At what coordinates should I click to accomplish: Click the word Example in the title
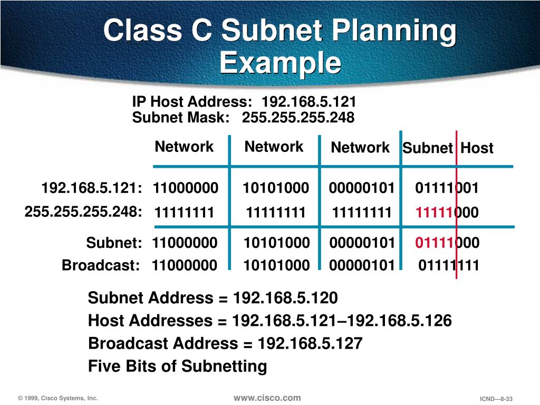click(x=280, y=63)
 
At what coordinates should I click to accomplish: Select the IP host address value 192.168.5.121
click(x=309, y=102)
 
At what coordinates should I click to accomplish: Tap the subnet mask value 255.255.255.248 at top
click(x=298, y=118)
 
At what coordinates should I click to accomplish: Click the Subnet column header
click(x=428, y=148)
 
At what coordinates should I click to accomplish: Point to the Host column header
click(x=477, y=148)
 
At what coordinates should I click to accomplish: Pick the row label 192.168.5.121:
click(x=92, y=188)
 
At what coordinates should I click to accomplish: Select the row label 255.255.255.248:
click(x=83, y=212)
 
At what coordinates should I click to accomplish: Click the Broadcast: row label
click(x=101, y=265)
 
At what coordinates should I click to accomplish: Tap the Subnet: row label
click(x=114, y=243)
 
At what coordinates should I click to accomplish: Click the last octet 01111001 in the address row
click(x=447, y=188)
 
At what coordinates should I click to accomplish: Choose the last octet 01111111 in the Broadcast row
click(x=449, y=265)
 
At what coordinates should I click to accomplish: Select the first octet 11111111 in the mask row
click(x=185, y=213)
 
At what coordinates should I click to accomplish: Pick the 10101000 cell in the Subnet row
click(x=276, y=243)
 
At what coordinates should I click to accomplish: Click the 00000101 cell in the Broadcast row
click(x=362, y=265)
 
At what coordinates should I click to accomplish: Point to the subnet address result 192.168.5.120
click(x=285, y=298)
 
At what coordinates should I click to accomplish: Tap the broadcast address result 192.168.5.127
click(x=310, y=344)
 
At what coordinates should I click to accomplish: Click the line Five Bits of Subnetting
click(x=177, y=366)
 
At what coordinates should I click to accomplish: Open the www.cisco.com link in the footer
click(x=267, y=398)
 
